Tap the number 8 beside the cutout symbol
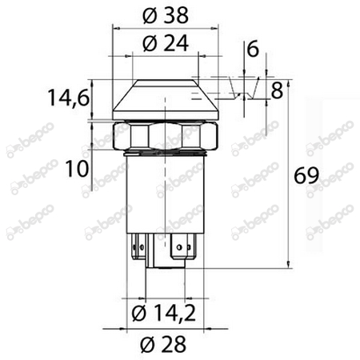[x=277, y=89]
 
